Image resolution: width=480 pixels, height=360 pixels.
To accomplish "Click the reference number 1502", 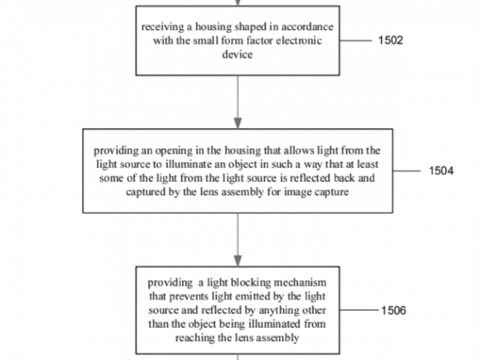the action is (x=391, y=41).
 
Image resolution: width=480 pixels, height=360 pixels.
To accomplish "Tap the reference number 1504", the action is (x=441, y=170).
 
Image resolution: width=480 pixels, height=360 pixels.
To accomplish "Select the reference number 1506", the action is (x=394, y=310).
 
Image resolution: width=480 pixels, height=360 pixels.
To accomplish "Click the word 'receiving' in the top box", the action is (x=162, y=27).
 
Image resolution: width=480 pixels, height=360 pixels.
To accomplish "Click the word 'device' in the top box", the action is (x=238, y=54).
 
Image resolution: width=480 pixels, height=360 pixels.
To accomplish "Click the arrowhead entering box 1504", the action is (x=238, y=123).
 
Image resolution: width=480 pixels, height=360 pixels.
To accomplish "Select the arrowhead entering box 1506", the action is (x=238, y=261).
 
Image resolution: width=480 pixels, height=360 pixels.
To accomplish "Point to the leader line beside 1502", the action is (x=355, y=41).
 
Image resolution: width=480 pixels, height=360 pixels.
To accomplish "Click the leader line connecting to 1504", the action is (x=407, y=170).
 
